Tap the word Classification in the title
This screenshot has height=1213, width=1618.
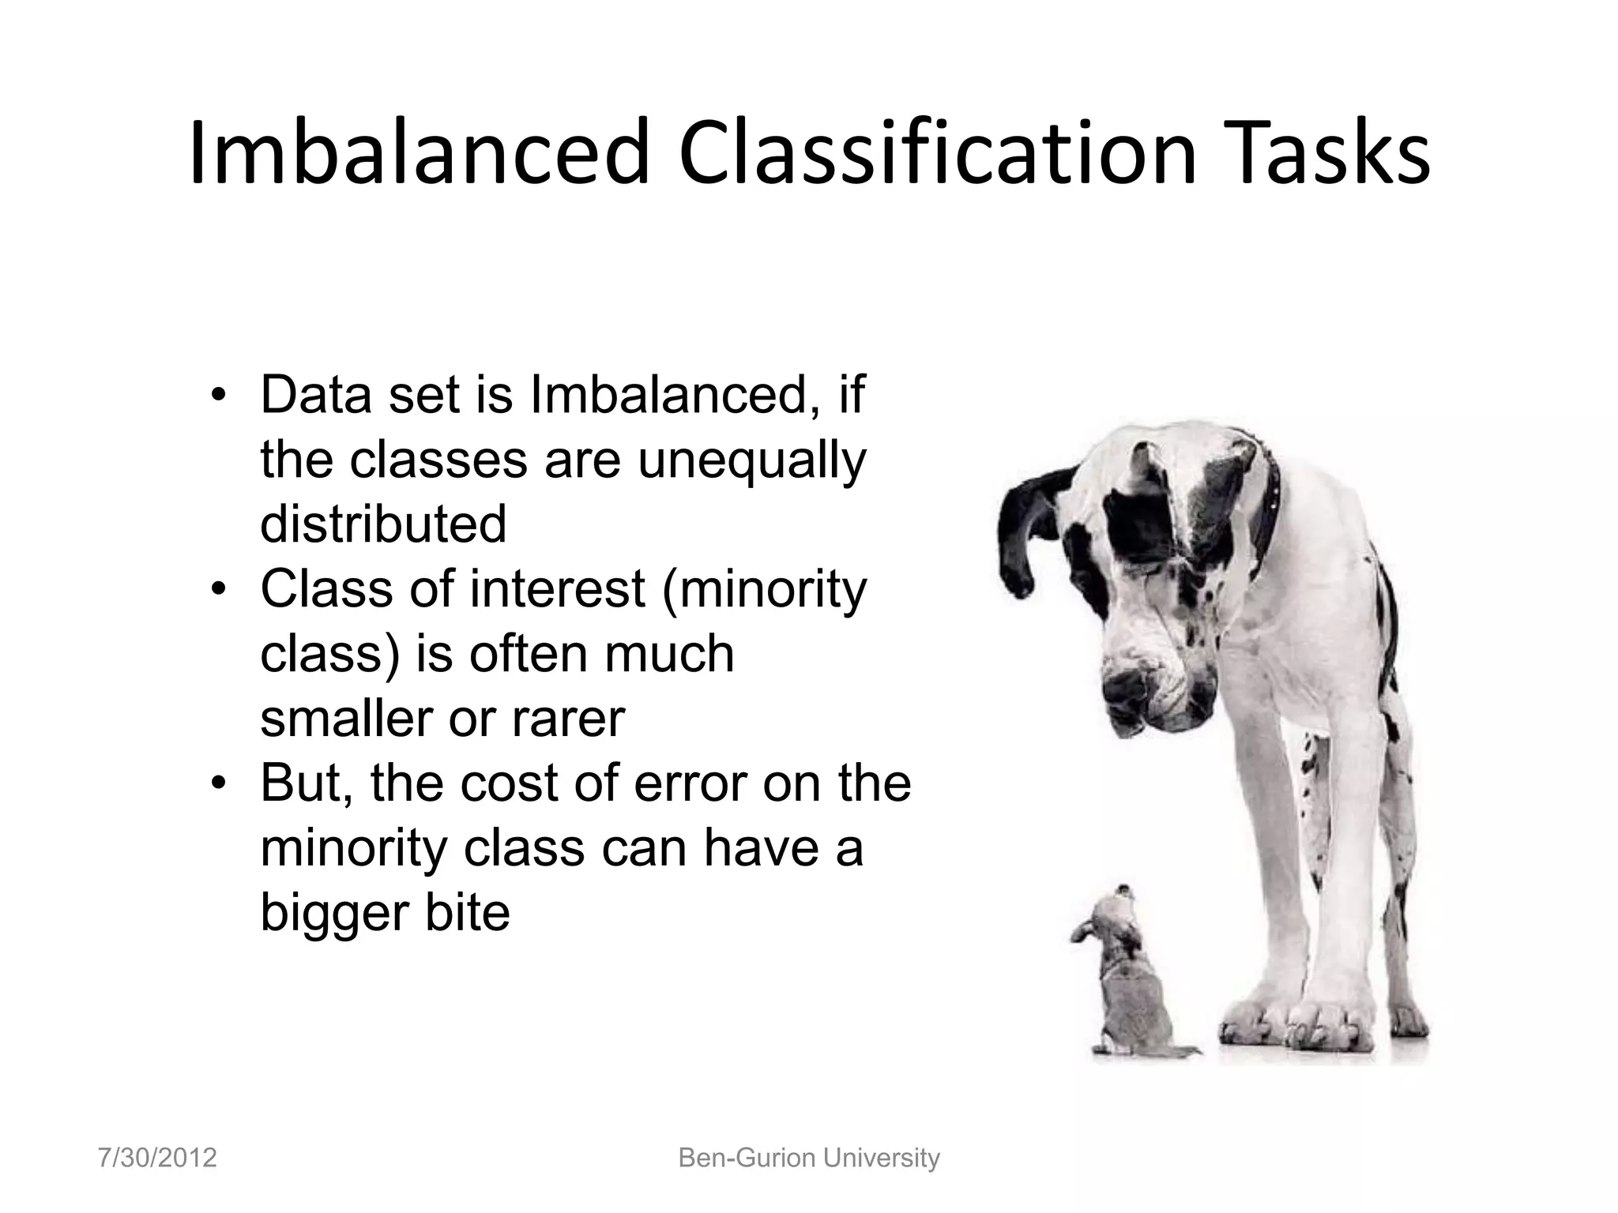pos(939,152)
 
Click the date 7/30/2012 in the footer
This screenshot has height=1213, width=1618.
pos(157,1158)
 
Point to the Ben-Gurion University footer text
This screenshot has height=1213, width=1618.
pos(809,1158)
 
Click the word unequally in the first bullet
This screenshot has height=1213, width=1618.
pos(751,461)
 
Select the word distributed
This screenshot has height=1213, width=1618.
pos(383,524)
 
